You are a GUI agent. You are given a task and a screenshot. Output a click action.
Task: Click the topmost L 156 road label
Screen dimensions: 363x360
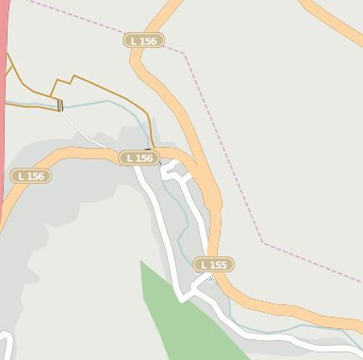(143, 41)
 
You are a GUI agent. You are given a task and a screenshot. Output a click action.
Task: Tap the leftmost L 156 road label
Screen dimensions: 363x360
(30, 176)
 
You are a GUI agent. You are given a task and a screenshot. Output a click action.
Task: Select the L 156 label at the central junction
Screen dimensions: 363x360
(138, 158)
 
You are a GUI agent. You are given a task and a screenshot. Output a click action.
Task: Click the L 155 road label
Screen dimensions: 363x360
(214, 265)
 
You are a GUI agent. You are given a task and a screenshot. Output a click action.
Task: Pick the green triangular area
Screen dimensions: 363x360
(178, 310)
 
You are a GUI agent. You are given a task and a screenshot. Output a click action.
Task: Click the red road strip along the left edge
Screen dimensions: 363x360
(3, 113)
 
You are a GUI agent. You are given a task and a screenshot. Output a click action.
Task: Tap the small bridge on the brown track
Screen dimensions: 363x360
(60, 106)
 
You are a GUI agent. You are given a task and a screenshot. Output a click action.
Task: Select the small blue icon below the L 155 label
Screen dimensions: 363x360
(210, 280)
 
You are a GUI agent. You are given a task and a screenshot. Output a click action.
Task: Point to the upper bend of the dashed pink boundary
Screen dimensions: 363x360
(184, 54)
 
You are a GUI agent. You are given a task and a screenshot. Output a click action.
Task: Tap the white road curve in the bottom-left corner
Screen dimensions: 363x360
(8, 344)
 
